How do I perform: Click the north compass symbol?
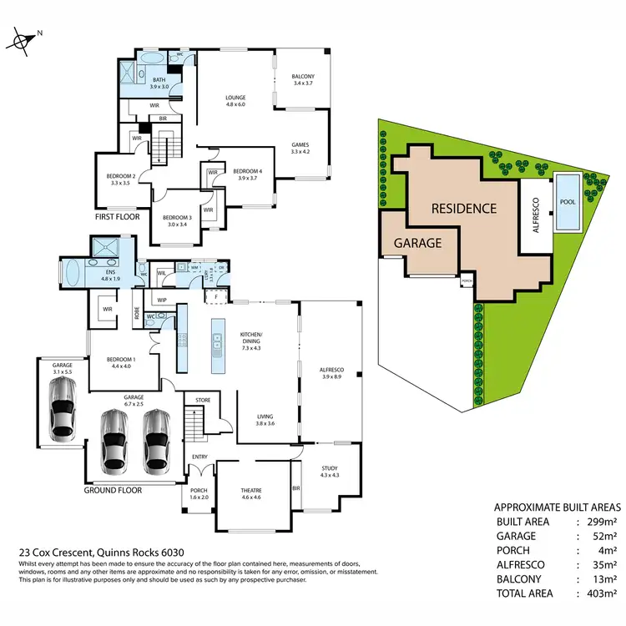point(24,39)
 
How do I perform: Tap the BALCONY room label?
point(302,76)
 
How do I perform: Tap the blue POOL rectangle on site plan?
point(568,202)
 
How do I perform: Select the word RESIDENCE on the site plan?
point(463,208)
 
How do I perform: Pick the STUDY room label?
point(330,469)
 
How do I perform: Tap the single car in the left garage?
point(63,408)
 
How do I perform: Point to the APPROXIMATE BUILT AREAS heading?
point(558,507)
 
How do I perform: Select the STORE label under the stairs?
point(204,401)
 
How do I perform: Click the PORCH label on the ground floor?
point(199,490)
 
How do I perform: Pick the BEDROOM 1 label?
point(119,361)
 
